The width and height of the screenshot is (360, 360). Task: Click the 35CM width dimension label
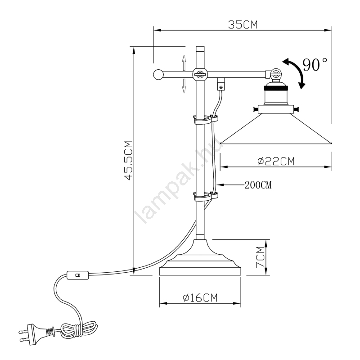pyautogui.click(x=243, y=25)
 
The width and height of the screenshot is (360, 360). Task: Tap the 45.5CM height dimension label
pyautogui.click(x=129, y=160)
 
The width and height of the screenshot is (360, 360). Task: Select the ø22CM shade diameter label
pyautogui.click(x=276, y=161)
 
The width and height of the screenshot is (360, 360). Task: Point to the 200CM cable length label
pyautogui.click(x=258, y=185)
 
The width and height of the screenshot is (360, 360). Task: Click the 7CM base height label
pyautogui.click(x=260, y=257)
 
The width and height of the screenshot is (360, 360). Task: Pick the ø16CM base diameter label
pyautogui.click(x=200, y=298)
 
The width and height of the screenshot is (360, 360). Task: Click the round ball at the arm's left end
pyautogui.click(x=158, y=74)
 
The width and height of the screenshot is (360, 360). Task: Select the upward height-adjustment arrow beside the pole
pyautogui.click(x=184, y=63)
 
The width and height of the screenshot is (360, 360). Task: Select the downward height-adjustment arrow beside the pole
pyautogui.click(x=184, y=85)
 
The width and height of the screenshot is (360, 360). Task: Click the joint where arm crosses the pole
pyautogui.click(x=200, y=74)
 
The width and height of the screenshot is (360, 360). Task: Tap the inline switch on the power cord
pyautogui.click(x=77, y=275)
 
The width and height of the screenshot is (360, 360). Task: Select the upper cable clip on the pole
pyautogui.click(x=206, y=120)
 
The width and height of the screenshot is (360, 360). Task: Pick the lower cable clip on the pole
pyautogui.click(x=206, y=197)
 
